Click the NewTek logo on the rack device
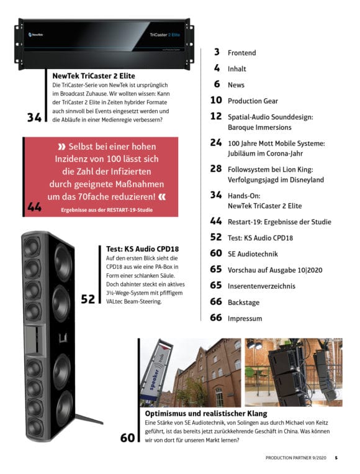point(35,34)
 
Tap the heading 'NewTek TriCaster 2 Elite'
point(94,76)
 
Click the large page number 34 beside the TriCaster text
point(34,117)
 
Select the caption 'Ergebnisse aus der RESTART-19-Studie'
point(107,210)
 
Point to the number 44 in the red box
point(34,207)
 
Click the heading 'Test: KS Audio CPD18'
point(142,248)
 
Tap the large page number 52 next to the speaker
point(88,299)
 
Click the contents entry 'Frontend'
point(241,53)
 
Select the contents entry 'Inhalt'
point(236,69)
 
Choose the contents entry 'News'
point(236,85)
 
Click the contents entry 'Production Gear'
point(253,101)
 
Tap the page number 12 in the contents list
point(216,116)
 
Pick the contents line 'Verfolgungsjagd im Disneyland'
point(276,180)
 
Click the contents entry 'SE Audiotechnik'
point(253,254)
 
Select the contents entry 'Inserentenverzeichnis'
point(261,286)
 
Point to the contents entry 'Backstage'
point(243,303)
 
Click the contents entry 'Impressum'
point(245,318)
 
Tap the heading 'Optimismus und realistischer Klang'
point(206,413)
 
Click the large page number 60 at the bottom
point(127,438)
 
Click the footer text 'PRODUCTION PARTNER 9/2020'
point(296,458)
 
